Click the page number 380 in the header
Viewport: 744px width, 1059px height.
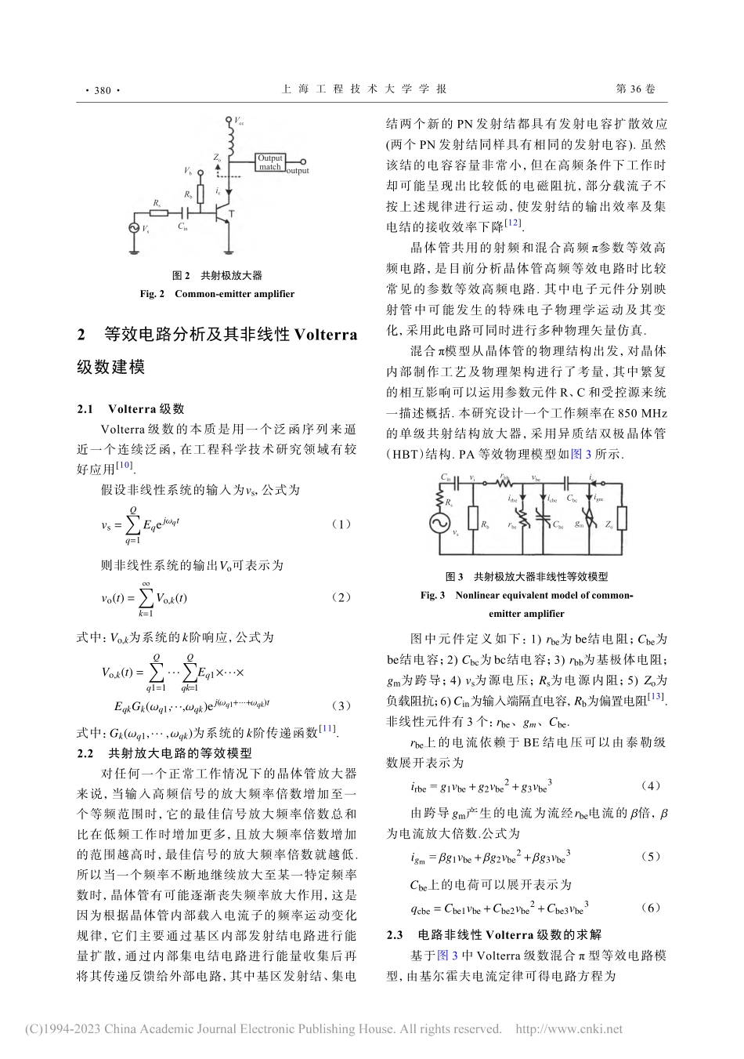[x=102, y=90]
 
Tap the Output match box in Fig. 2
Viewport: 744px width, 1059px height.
[x=270, y=162]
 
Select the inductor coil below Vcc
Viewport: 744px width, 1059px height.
[x=229, y=140]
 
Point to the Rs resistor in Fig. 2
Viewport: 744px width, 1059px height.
[x=160, y=212]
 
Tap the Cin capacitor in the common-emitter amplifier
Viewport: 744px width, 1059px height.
[x=186, y=212]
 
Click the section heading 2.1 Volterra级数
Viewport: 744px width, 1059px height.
[x=131, y=408]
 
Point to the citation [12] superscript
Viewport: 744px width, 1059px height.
[x=513, y=223]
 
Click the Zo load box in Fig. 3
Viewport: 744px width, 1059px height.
[x=622, y=519]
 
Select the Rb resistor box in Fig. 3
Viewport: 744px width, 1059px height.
[x=473, y=519]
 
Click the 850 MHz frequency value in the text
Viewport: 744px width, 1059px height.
[x=641, y=412]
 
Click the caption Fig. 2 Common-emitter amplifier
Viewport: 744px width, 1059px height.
[x=217, y=294]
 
